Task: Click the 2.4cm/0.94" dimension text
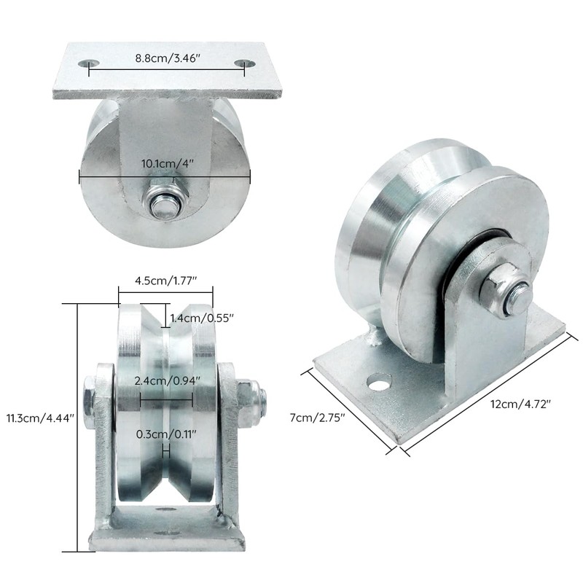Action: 165,380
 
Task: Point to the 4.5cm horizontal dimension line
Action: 165,293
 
